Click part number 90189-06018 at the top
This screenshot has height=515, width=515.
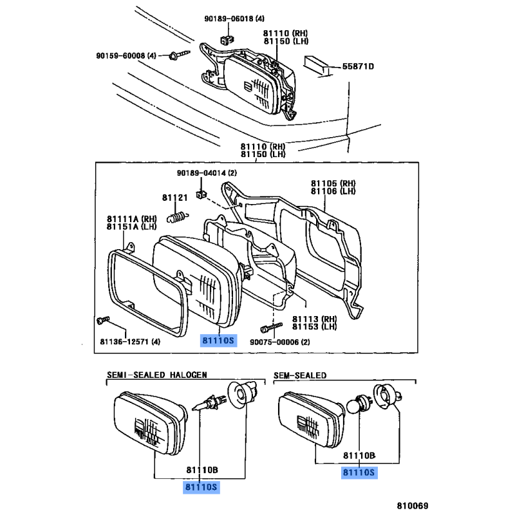pos(230,20)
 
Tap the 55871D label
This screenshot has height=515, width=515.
pos(358,66)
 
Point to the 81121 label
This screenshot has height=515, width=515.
pos(174,198)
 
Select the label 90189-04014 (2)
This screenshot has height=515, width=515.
pos(207,173)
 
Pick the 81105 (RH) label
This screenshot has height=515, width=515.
pos(333,183)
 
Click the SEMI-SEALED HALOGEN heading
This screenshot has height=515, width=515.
pos(156,375)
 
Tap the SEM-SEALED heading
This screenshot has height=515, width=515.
pos(300,375)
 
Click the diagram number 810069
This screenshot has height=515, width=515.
pos(413,505)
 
